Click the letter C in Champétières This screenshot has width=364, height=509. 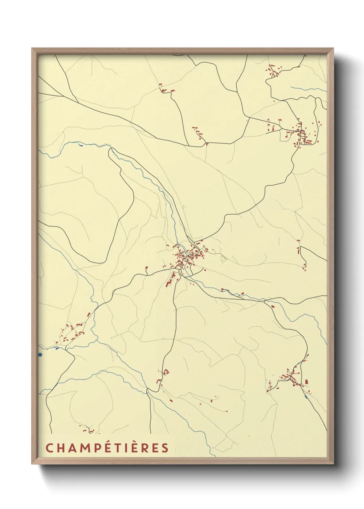[x=49, y=448]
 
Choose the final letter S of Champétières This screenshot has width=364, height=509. [x=165, y=448]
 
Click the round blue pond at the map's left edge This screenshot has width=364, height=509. [x=40, y=354]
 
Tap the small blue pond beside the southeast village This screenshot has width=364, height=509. [x=306, y=397]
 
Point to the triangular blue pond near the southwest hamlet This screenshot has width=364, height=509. [x=56, y=347]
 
